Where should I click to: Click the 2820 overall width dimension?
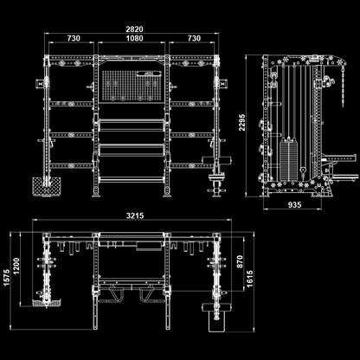[134, 29]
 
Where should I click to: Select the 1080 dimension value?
[134, 38]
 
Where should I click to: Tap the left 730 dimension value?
[74, 38]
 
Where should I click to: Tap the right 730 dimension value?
[194, 38]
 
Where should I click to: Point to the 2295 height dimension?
[241, 122]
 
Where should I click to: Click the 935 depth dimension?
[294, 204]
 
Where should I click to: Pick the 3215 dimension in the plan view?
[135, 215]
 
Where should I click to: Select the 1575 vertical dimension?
[7, 278]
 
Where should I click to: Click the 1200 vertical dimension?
[16, 267]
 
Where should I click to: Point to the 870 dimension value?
[240, 261]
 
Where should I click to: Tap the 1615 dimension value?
[249, 279]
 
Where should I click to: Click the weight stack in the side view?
[288, 159]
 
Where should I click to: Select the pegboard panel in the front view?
[132, 85]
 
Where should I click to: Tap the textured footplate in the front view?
[47, 186]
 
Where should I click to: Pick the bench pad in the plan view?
[217, 318]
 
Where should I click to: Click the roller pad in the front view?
[215, 160]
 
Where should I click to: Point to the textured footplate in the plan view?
[47, 303]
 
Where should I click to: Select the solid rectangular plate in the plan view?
[149, 246]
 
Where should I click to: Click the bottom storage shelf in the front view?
[132, 179]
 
